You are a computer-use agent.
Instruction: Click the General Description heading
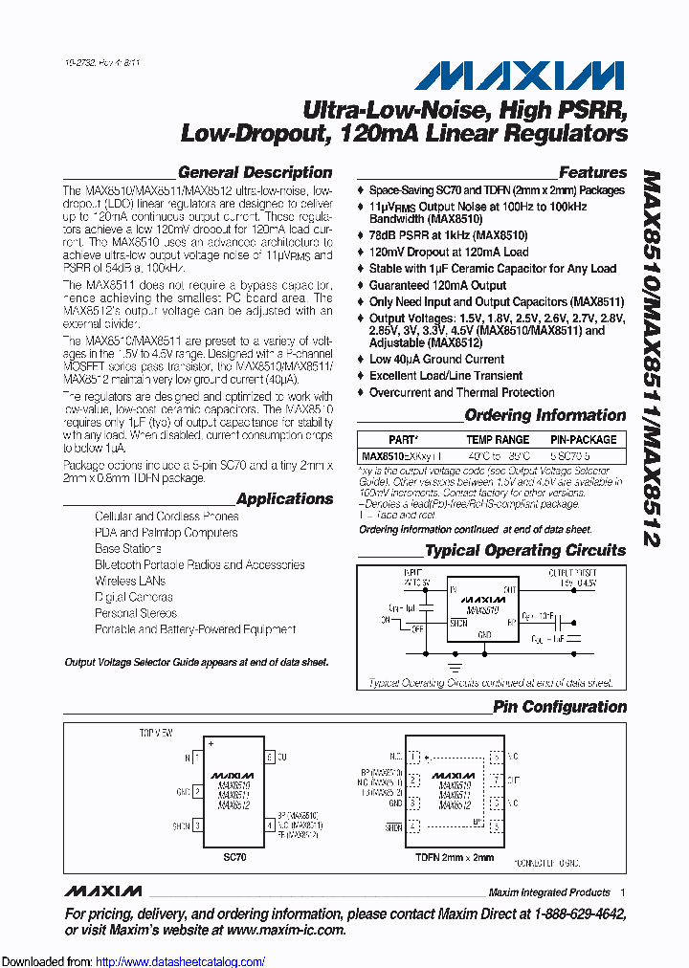click(256, 173)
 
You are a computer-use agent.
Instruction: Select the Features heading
click(592, 173)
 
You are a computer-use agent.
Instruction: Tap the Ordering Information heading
click(545, 415)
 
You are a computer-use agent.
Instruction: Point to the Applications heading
click(285, 498)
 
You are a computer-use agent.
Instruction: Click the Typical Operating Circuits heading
click(525, 550)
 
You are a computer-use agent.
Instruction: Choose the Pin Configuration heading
click(560, 707)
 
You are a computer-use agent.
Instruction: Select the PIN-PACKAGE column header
click(583, 440)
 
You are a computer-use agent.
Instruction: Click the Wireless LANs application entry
click(130, 581)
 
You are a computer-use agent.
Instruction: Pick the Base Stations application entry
click(127, 548)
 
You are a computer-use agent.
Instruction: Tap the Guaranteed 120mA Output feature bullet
click(437, 285)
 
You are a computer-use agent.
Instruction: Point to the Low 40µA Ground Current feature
click(436, 360)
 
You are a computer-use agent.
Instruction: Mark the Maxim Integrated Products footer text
click(549, 892)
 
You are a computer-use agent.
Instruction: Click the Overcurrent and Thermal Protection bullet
click(462, 392)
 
